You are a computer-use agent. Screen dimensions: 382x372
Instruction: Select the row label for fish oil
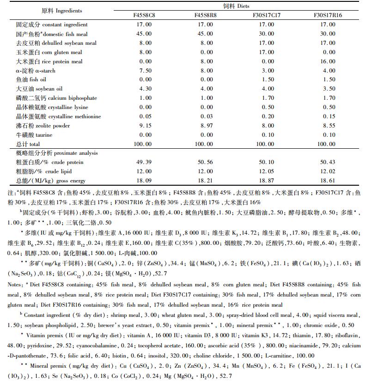[34, 79]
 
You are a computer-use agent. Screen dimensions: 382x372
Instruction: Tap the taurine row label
[34, 135]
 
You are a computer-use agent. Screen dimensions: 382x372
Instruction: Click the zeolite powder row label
[43, 126]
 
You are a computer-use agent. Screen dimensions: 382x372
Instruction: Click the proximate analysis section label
[51, 153]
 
